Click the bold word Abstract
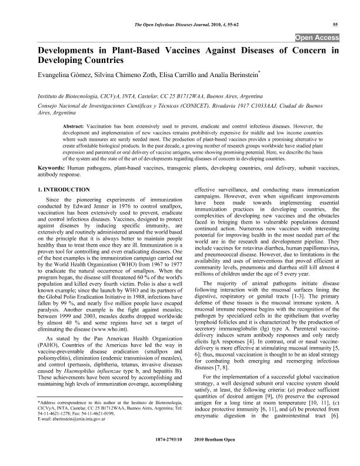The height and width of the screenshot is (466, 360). click(75, 126)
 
